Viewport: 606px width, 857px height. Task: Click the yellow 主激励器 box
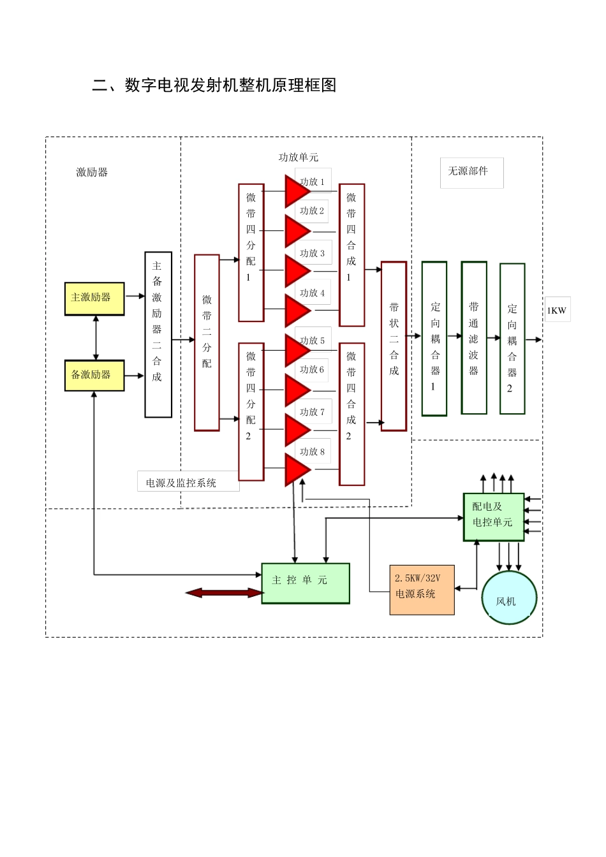(94, 298)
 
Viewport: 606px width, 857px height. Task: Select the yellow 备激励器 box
(94, 375)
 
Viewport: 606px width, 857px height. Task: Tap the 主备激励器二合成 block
(158, 335)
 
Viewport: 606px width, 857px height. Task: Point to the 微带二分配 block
(207, 342)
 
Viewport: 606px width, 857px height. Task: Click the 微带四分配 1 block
(251, 253)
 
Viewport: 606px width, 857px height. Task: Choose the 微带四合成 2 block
(351, 414)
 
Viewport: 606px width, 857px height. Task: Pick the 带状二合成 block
(394, 346)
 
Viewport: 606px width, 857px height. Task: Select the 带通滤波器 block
(474, 338)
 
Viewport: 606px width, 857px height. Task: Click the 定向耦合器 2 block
(512, 339)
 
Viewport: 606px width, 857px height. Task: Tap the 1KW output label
(557, 310)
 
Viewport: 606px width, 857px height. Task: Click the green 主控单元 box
(306, 583)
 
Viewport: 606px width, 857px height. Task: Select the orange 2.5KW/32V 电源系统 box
(422, 590)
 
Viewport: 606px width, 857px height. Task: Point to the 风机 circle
(508, 597)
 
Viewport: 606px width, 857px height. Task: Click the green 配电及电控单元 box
(493, 516)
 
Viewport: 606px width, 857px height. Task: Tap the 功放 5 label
(313, 341)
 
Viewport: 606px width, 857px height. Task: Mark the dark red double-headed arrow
(224, 593)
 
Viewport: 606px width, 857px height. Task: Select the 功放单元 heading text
(298, 157)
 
